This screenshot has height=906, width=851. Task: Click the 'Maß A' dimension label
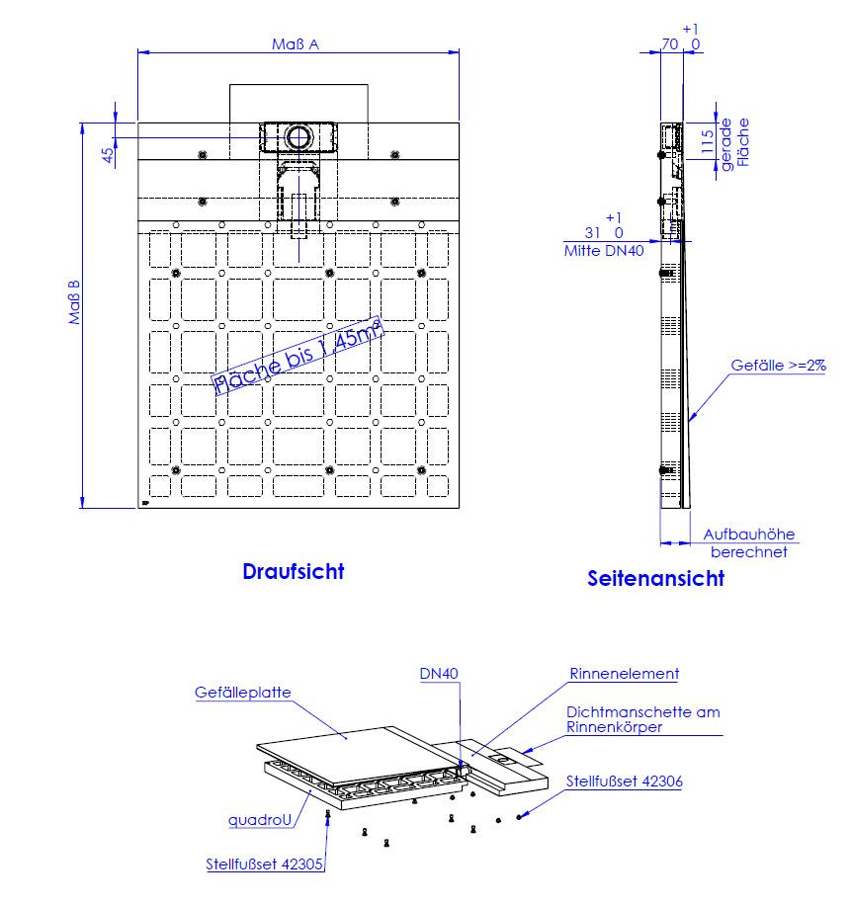coord(296,44)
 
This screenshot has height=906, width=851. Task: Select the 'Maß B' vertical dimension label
coord(74,302)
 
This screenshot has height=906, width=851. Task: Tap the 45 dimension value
coord(108,155)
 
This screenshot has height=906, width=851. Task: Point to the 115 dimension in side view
coord(707,141)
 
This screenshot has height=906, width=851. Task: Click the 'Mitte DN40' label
coord(604,251)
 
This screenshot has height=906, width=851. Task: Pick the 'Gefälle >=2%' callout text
coord(778,366)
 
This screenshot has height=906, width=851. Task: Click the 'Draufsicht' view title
coord(294,571)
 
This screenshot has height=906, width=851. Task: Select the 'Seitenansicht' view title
coord(655,578)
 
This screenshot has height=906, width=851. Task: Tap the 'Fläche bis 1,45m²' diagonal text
coord(298,356)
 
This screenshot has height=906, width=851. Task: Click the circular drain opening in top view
coord(298,137)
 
